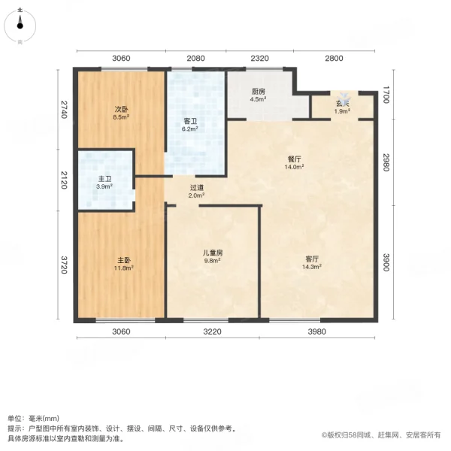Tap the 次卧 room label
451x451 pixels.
click(x=121, y=108)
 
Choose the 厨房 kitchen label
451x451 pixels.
click(x=258, y=92)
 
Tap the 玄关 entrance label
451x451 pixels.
click(x=342, y=104)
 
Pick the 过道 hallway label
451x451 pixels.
click(x=196, y=188)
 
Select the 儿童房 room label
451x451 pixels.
click(x=213, y=253)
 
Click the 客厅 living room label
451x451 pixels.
click(x=311, y=259)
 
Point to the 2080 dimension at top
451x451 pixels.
click(x=195, y=58)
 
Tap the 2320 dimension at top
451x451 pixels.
click(x=259, y=58)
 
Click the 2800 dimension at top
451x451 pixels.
click(x=334, y=58)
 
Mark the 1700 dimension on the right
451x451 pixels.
click(x=386, y=95)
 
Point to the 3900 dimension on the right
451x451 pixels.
click(x=386, y=263)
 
